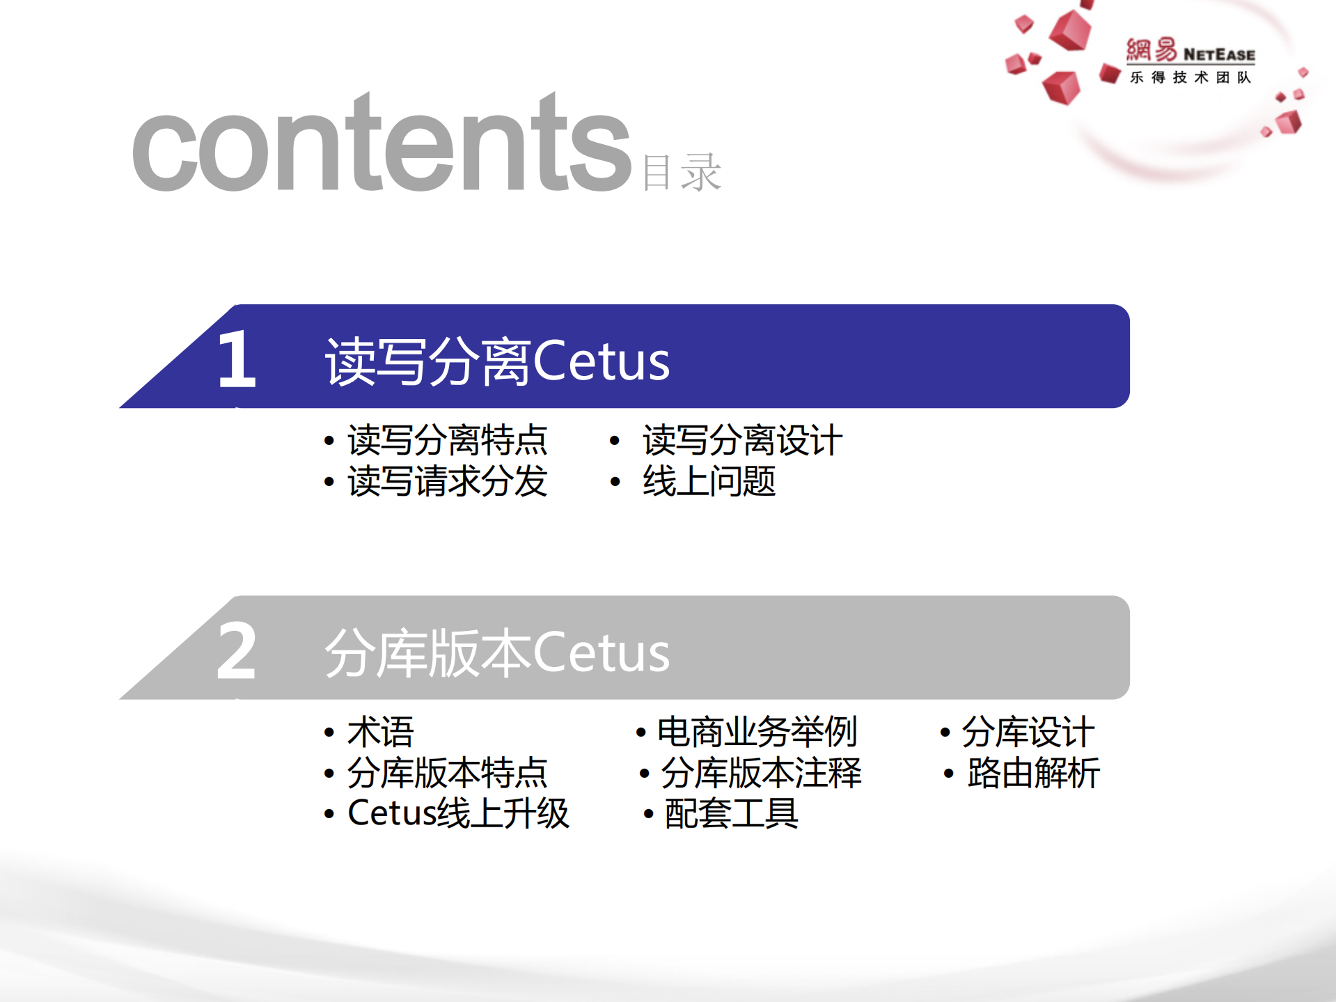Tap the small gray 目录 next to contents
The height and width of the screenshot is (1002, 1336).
click(682, 172)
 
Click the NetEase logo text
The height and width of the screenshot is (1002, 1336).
click(1190, 52)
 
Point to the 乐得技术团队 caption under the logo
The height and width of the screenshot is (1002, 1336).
click(1190, 77)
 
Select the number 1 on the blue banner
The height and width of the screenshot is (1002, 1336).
click(236, 359)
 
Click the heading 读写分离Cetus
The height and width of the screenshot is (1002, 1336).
click(497, 361)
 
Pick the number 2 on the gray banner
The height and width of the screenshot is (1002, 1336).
click(236, 651)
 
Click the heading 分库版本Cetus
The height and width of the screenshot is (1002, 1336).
click(497, 652)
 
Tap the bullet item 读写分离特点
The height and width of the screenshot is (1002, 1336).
click(447, 440)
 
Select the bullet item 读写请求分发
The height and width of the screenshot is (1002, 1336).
click(447, 481)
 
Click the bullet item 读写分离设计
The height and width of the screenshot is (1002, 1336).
click(742, 440)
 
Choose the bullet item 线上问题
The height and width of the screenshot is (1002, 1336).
click(709, 481)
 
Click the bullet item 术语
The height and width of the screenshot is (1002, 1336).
click(380, 732)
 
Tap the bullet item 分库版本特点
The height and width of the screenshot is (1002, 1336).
click(447, 773)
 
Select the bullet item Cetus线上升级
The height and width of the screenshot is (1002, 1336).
click(458, 813)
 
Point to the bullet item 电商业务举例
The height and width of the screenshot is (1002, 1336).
click(757, 732)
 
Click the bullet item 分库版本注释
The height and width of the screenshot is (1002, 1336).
click(761, 773)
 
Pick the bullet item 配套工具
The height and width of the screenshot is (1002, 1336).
click(731, 813)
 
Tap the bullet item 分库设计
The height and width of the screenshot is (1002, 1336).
click(1028, 732)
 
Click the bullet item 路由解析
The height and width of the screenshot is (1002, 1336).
click(1033, 773)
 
